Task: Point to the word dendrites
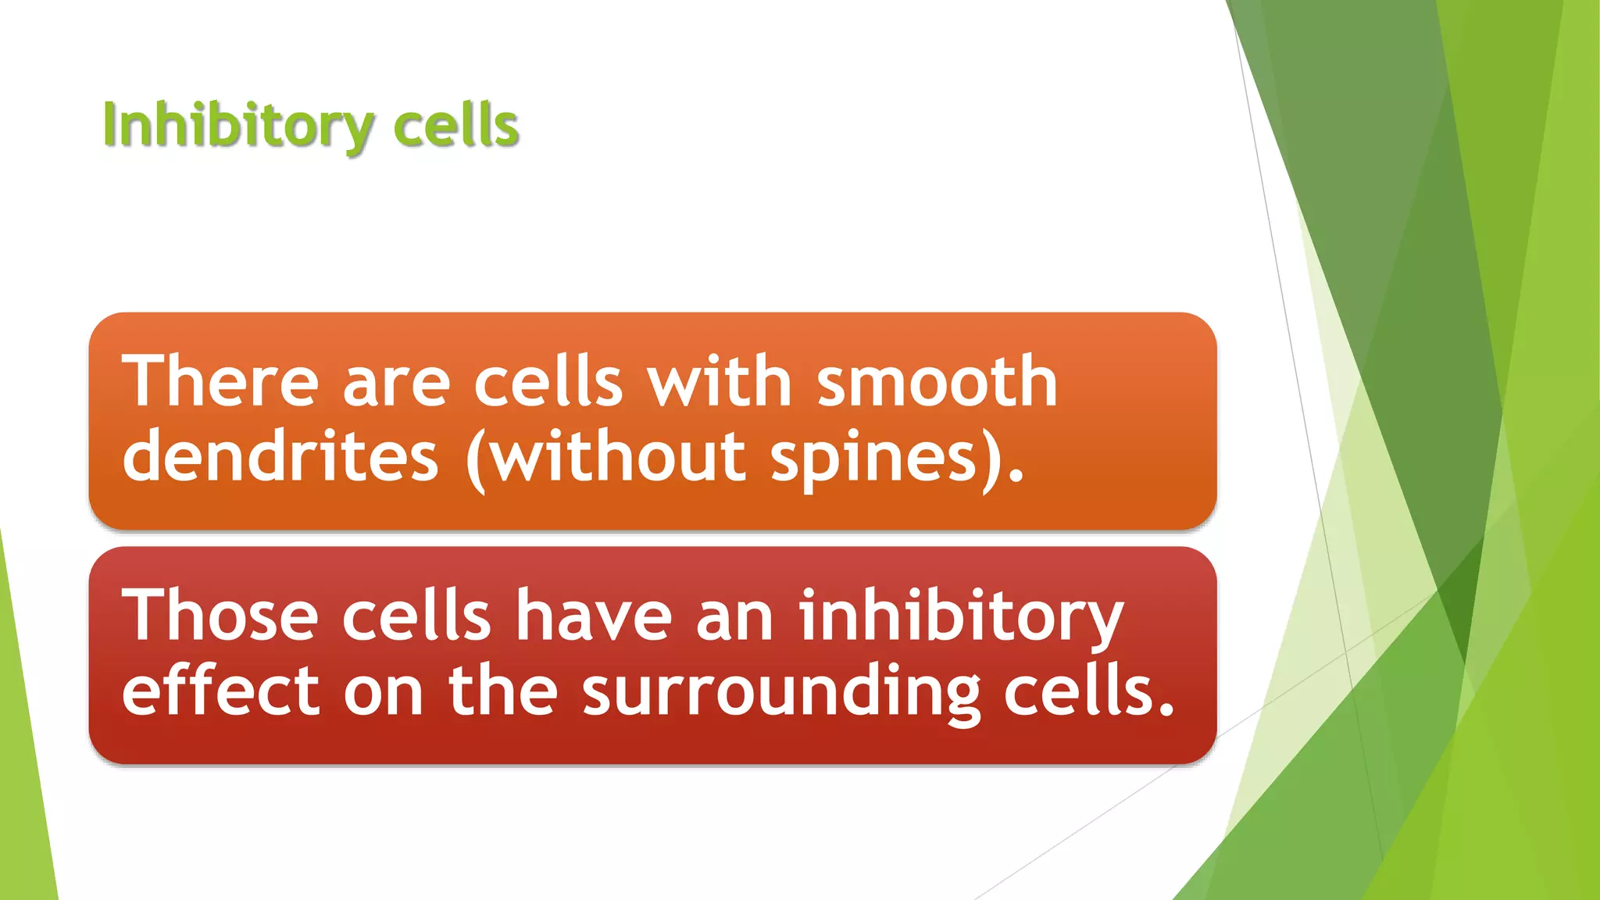[280, 456]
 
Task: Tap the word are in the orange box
[396, 383]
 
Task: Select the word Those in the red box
[221, 616]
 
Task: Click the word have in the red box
[594, 616]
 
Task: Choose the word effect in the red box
[221, 691]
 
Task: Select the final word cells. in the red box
[1089, 691]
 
